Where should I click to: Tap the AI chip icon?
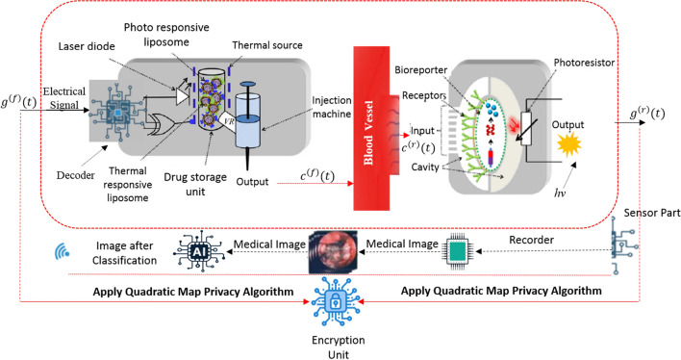(x=198, y=252)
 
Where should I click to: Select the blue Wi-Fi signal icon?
(x=62, y=251)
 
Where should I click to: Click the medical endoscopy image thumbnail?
(x=333, y=252)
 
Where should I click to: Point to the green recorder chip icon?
(x=457, y=251)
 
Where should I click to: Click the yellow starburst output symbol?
(x=569, y=144)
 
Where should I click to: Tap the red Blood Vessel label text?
(x=368, y=133)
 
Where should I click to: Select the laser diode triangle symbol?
(x=183, y=96)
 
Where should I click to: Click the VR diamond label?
(x=229, y=121)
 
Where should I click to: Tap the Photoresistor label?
(x=584, y=63)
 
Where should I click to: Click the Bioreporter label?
(x=421, y=70)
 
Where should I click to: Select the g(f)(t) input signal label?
(x=18, y=102)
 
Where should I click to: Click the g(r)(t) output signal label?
(x=647, y=113)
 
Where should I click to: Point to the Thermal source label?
(x=267, y=45)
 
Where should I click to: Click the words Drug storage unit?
(x=195, y=185)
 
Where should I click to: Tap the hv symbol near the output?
(x=560, y=193)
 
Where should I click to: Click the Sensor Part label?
(x=652, y=213)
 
